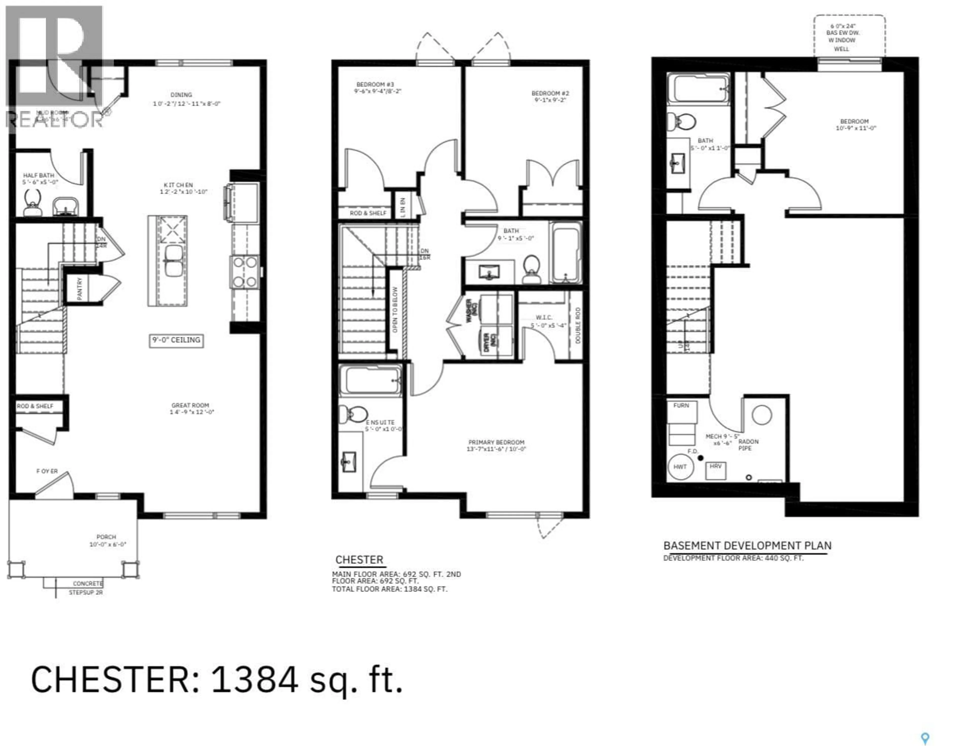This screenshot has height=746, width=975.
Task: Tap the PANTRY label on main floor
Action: click(80, 289)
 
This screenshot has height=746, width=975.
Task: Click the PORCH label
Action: click(106, 537)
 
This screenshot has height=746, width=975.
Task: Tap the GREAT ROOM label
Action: click(190, 405)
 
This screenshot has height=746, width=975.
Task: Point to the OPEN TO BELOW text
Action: click(395, 310)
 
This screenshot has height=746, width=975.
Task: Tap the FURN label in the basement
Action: click(681, 405)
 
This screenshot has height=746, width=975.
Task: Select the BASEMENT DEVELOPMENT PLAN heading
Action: click(747, 546)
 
